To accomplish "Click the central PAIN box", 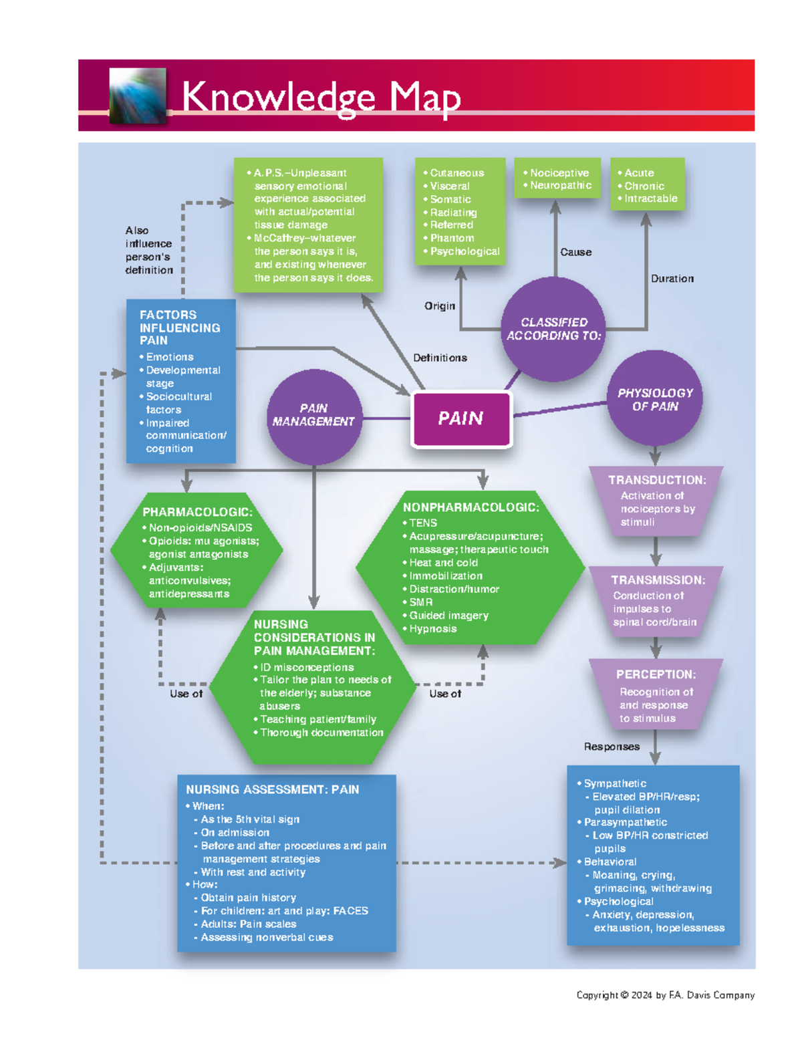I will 461,419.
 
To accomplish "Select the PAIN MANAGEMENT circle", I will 313,416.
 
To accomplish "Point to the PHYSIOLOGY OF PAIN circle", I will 655,400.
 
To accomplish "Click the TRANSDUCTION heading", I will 656,480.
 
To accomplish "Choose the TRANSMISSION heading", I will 658,580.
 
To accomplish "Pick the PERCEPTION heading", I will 656,674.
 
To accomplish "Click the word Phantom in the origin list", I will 452,238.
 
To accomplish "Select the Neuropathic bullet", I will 560,185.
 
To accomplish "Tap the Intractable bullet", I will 650,199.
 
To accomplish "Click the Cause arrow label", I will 575,252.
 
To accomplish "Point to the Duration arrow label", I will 672,279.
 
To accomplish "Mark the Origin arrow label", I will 439,305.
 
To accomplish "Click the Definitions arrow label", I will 440,358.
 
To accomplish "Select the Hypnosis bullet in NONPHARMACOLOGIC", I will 432,628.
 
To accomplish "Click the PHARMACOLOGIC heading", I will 197,512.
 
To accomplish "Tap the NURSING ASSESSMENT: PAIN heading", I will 272,789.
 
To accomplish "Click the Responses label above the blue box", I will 612,747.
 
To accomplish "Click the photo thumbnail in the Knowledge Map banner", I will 138,96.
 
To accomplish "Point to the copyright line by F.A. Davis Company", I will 665,995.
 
